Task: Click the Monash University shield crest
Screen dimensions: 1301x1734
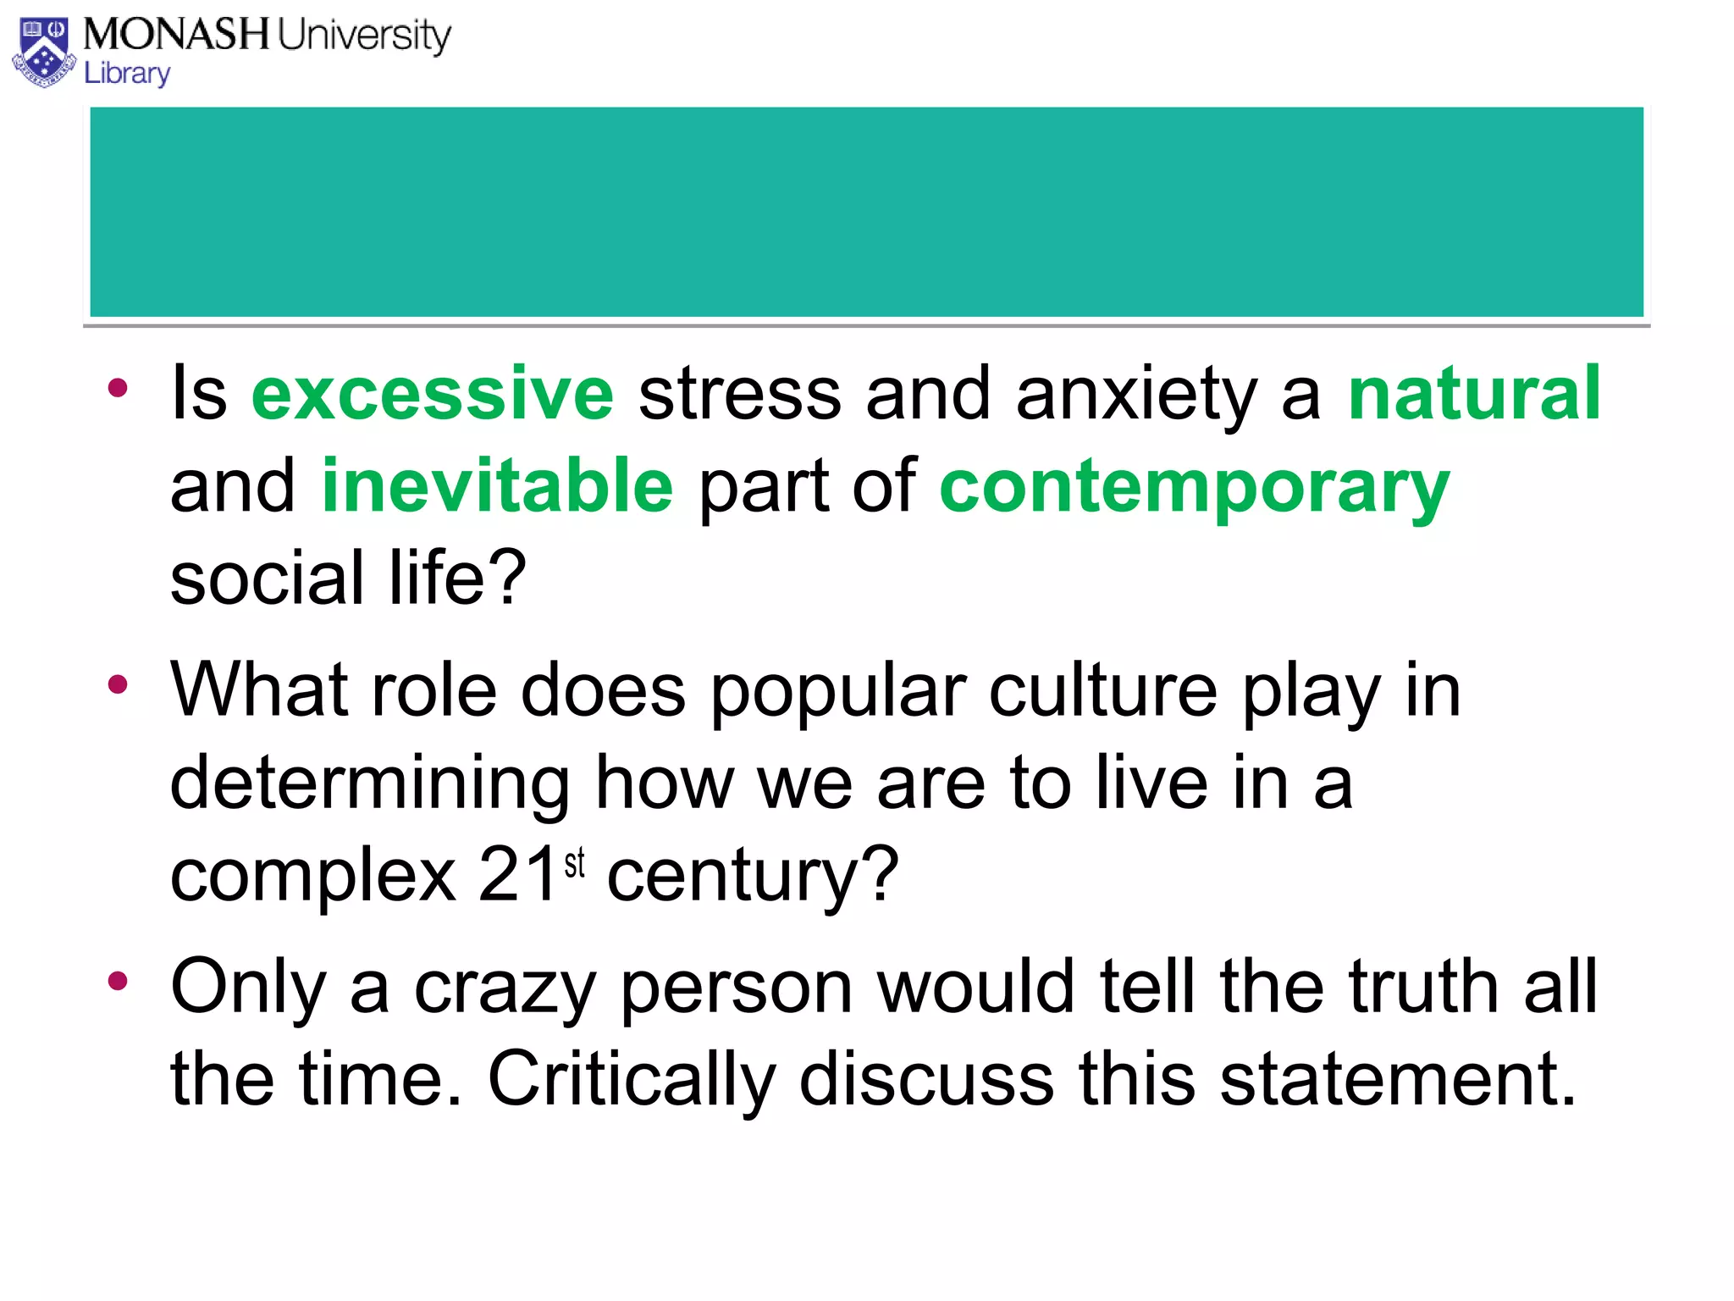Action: (45, 52)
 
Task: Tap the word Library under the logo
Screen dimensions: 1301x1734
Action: (127, 74)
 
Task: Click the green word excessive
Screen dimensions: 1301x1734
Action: (433, 394)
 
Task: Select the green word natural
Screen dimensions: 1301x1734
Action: (1474, 394)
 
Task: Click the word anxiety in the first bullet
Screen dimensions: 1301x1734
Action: (1136, 396)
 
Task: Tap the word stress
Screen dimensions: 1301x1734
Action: (739, 394)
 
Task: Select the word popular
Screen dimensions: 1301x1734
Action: (837, 694)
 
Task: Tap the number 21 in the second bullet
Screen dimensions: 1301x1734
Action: (517, 876)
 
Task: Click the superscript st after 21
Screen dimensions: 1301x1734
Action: (575, 863)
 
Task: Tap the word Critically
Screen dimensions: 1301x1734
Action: (631, 1080)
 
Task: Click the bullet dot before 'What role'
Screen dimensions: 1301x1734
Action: (118, 684)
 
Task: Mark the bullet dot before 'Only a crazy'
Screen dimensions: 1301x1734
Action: (118, 981)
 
